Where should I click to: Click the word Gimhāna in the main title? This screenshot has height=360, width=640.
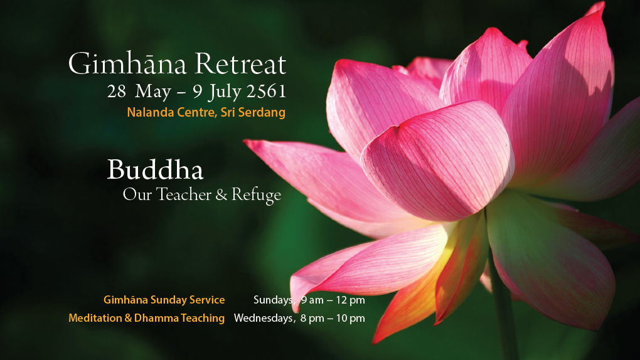(x=127, y=64)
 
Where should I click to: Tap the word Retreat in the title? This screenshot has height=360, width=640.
(x=240, y=64)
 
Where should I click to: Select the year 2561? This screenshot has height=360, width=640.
(x=266, y=91)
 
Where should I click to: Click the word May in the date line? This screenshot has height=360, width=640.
(x=152, y=92)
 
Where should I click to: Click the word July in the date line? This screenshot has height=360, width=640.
(x=225, y=92)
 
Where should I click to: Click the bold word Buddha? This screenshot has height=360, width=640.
(x=155, y=169)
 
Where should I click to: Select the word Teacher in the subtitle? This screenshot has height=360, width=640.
(x=184, y=194)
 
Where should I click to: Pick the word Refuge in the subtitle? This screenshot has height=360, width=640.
(x=257, y=195)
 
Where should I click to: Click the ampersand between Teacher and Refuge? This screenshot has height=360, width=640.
(x=221, y=194)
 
